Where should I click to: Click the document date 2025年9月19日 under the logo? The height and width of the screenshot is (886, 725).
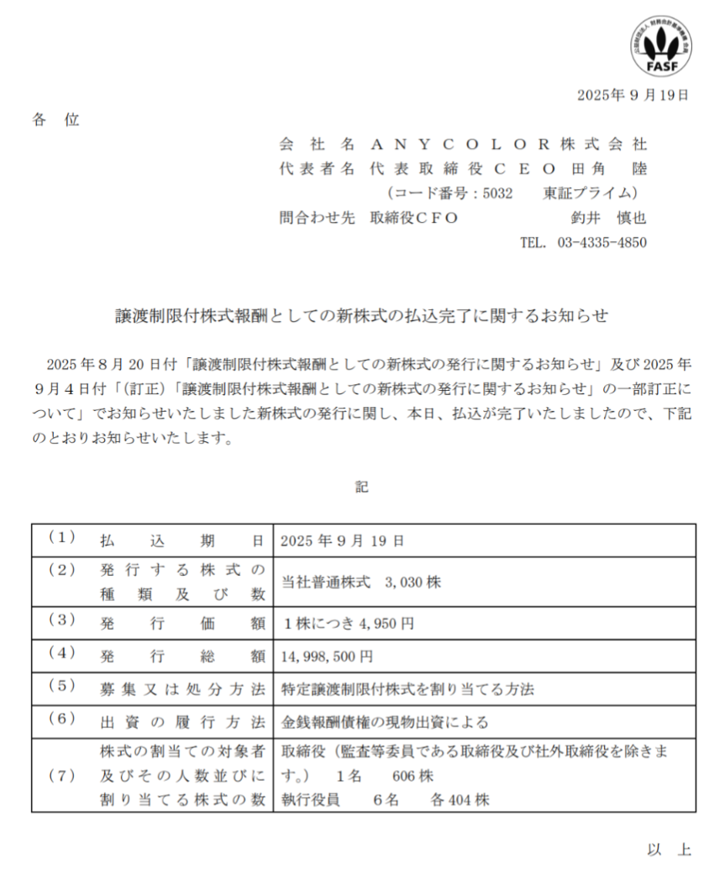pyautogui.click(x=633, y=95)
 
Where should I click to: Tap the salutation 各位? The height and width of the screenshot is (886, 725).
pyautogui.click(x=55, y=119)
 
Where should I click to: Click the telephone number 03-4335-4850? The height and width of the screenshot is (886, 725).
pyautogui.click(x=602, y=243)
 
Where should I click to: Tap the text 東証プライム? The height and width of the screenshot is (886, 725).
pyautogui.click(x=594, y=193)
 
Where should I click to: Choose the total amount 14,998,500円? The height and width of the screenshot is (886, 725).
pyautogui.click(x=328, y=655)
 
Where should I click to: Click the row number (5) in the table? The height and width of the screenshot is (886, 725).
pyautogui.click(x=61, y=687)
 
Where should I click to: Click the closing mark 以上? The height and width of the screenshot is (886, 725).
pyautogui.click(x=670, y=850)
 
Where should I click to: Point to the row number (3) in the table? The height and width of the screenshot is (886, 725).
pyautogui.click(x=61, y=622)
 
